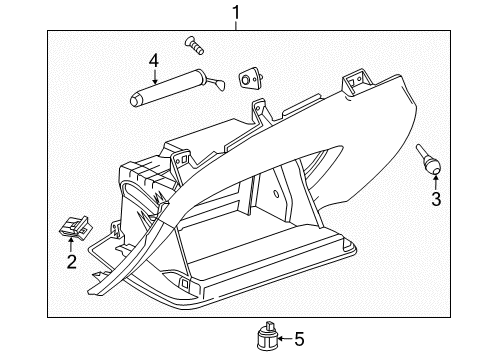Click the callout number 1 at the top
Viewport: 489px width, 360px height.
point(236,12)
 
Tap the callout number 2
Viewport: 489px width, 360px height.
point(71,262)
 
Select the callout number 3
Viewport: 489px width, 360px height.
point(436,199)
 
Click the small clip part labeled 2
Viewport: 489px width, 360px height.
point(72,229)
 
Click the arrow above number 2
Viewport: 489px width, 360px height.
point(72,245)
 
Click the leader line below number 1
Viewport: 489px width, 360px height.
point(236,24)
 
